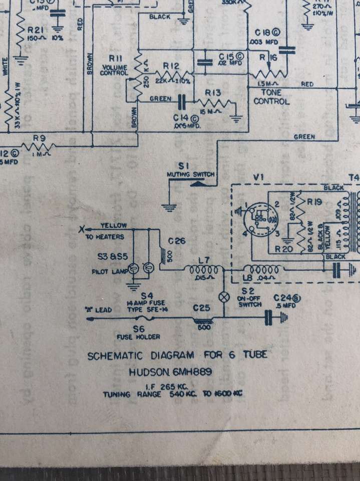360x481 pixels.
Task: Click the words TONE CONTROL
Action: click(x=271, y=97)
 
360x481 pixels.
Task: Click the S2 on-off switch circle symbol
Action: click(x=224, y=290)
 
